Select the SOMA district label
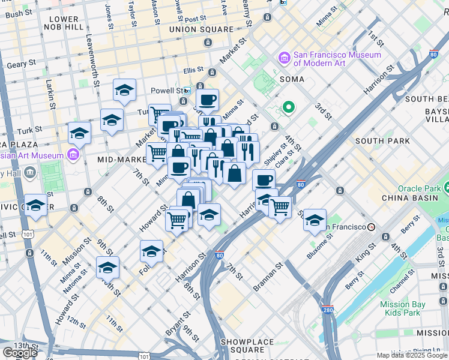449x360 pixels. click(291, 79)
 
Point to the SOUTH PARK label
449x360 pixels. click(382, 141)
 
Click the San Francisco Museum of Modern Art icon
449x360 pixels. click(284, 58)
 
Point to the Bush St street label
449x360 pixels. click(19, 13)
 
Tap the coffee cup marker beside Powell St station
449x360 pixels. click(207, 100)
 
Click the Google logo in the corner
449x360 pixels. click(20, 353)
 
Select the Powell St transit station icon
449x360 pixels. click(187, 91)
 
